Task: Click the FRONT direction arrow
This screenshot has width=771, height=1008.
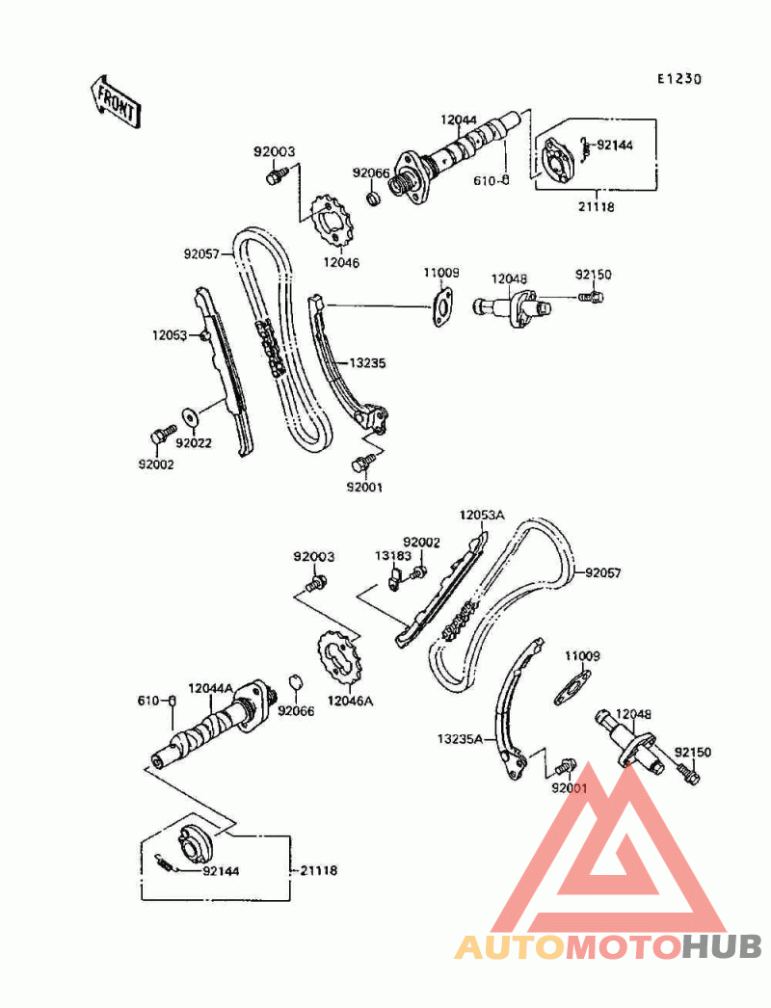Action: (115, 100)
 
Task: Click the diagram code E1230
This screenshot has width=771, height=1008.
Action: (679, 79)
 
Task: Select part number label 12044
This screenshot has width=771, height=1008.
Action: (459, 119)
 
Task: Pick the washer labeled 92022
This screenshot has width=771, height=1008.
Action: (189, 414)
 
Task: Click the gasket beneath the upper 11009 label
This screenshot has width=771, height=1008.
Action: (441, 307)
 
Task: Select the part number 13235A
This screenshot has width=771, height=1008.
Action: (459, 738)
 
